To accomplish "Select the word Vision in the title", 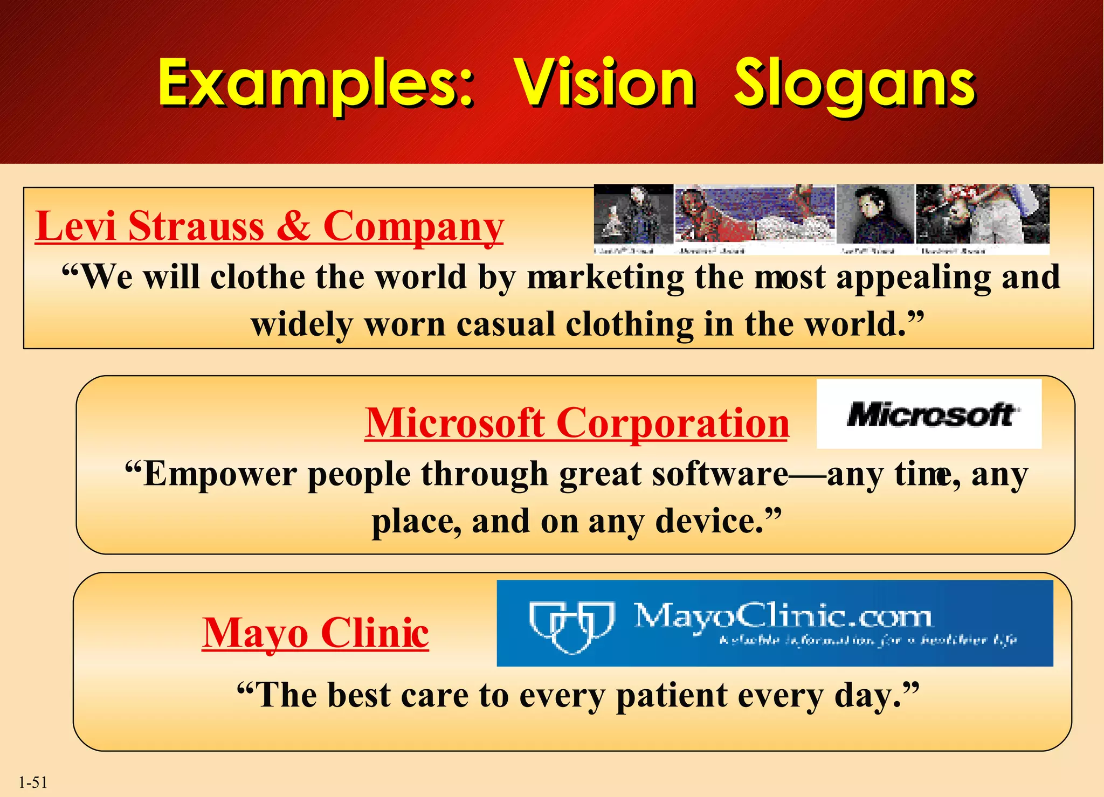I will tap(604, 84).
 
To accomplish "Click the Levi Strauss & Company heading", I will tap(269, 226).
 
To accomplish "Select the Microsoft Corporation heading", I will tap(576, 423).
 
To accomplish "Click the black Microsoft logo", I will tap(929, 415).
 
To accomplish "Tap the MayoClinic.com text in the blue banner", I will tap(782, 615).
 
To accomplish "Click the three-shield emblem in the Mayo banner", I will tap(571, 625).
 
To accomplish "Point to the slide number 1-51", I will tap(33, 782).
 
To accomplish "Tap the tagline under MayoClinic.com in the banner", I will tap(868, 640).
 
